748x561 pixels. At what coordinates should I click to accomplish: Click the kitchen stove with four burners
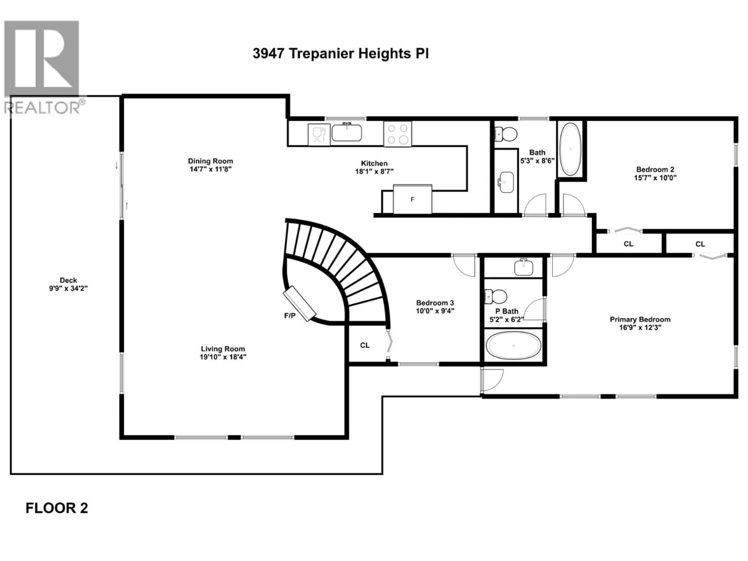click(397, 134)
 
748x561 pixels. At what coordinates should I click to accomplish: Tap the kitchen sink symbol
click(347, 133)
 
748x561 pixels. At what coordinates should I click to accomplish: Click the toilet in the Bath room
click(506, 134)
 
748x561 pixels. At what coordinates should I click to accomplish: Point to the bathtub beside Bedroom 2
click(571, 149)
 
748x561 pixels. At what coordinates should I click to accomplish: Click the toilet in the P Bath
click(496, 296)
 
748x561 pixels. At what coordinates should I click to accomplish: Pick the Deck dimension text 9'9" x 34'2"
click(68, 288)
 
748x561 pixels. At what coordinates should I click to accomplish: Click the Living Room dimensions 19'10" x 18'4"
click(223, 357)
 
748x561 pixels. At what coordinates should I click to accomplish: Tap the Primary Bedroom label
click(640, 319)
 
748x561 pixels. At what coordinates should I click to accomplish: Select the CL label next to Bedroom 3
click(364, 345)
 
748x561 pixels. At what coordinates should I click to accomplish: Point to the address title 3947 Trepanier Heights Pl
click(340, 53)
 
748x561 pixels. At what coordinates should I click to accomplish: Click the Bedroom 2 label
click(655, 169)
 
